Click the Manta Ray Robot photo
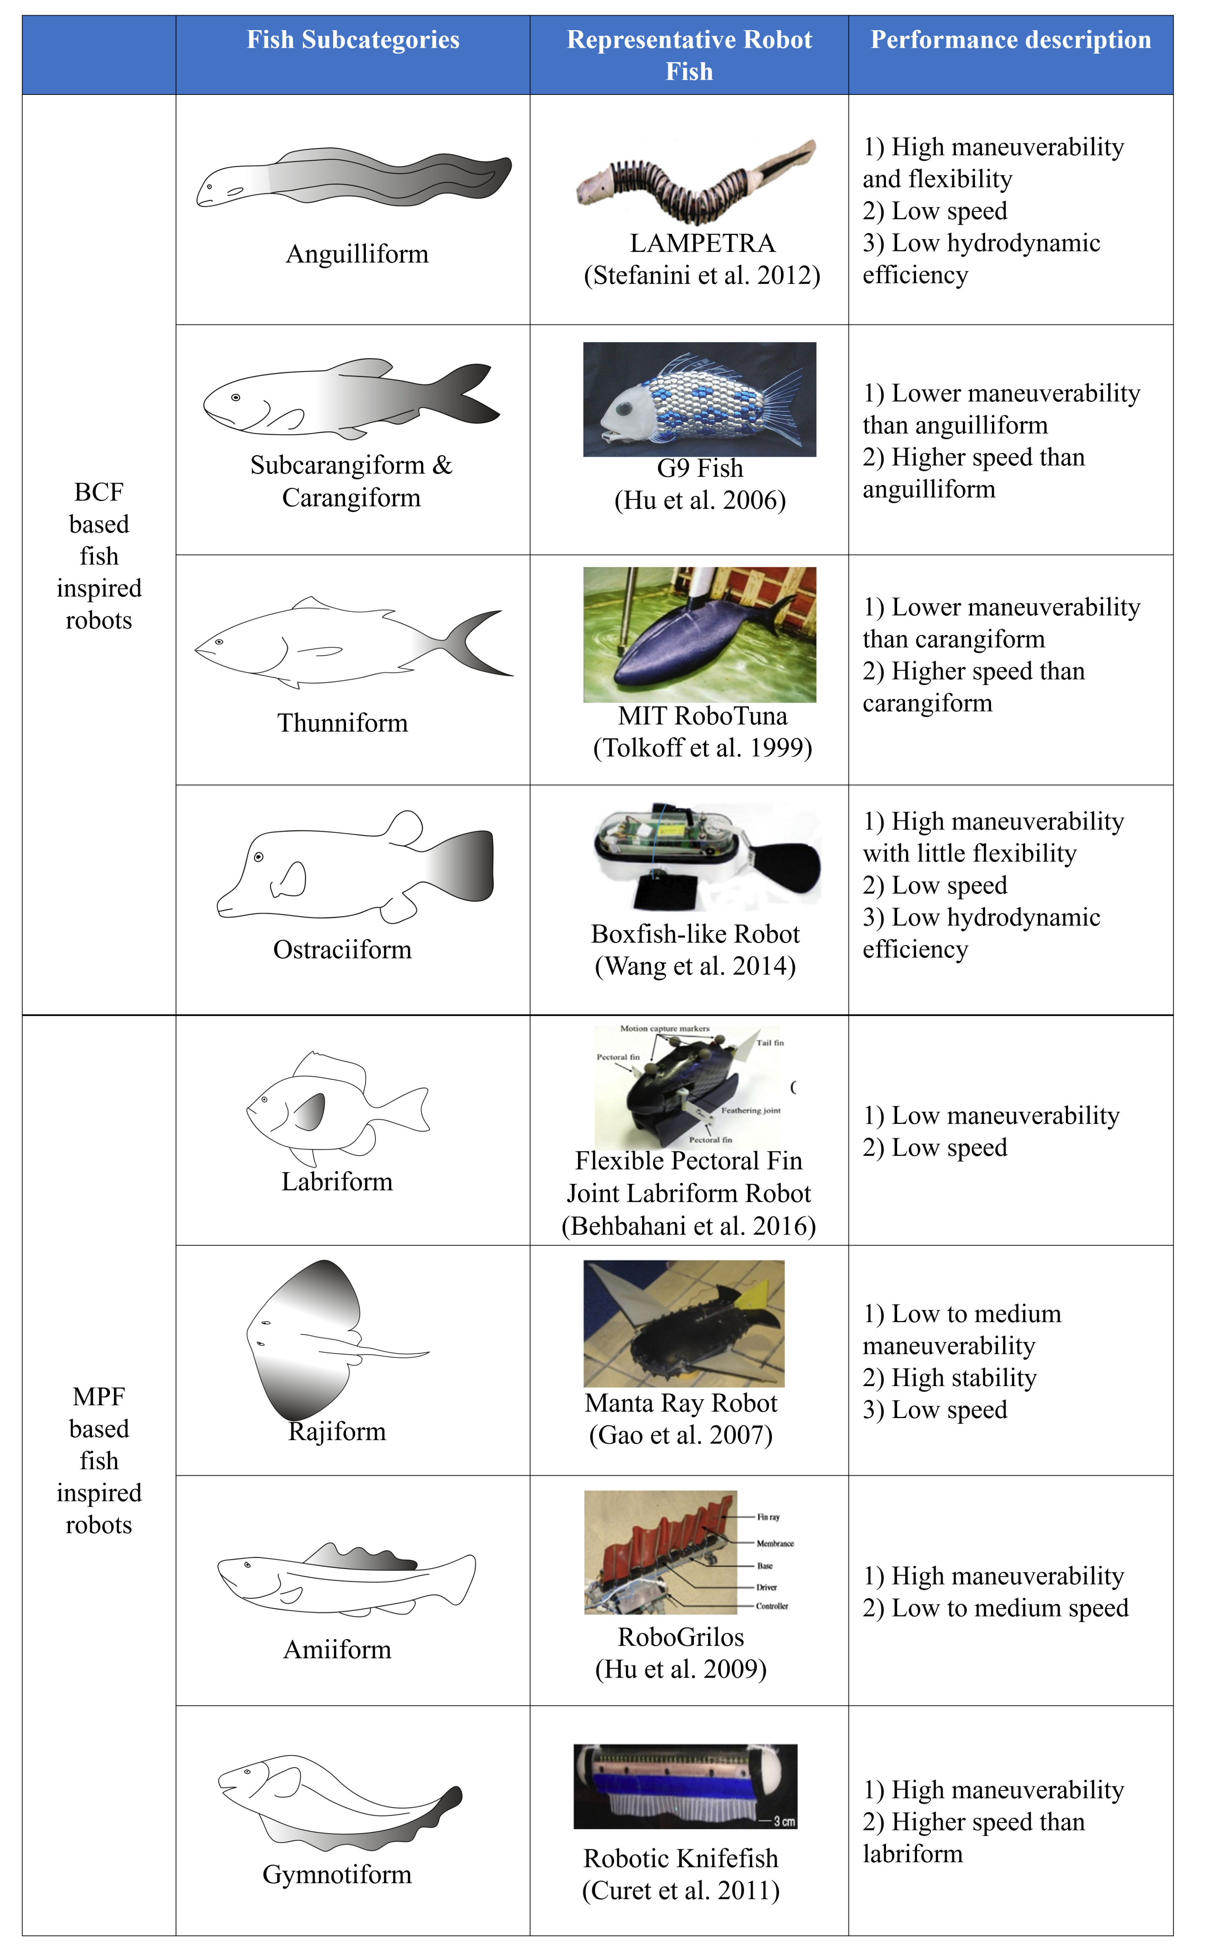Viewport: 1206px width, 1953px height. (x=684, y=1324)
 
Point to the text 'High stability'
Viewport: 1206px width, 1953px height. (x=964, y=1377)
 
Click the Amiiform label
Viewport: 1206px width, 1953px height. (x=338, y=1649)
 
